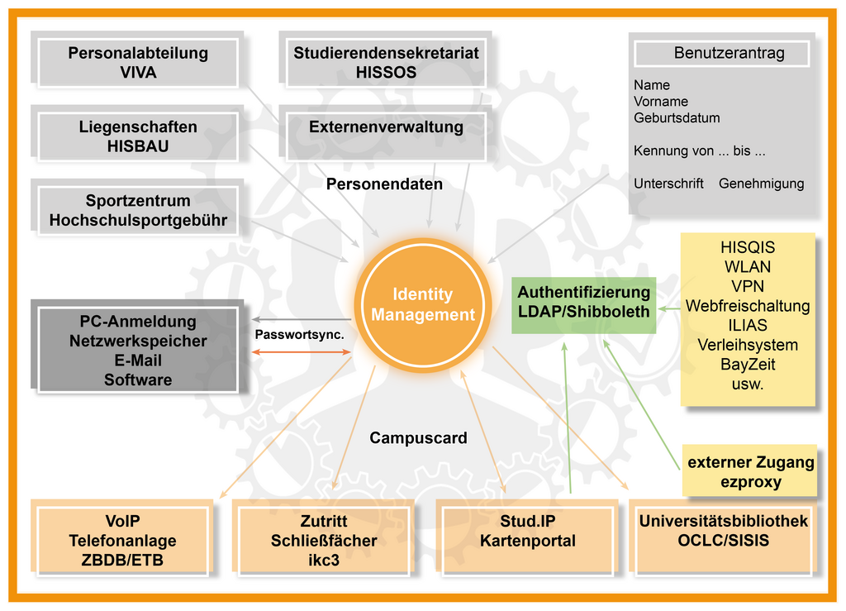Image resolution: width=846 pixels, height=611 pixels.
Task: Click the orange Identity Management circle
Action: pyautogui.click(x=422, y=305)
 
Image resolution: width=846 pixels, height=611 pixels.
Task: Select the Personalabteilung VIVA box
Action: pyautogui.click(x=138, y=63)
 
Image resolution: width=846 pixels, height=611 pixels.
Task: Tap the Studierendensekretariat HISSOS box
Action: pyautogui.click(x=386, y=63)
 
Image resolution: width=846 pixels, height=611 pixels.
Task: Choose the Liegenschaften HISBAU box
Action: pyautogui.click(x=138, y=136)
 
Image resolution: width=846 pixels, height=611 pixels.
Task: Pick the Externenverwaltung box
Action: pyautogui.click(x=386, y=128)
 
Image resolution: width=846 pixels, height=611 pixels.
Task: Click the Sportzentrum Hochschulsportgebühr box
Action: pyautogui.click(x=138, y=210)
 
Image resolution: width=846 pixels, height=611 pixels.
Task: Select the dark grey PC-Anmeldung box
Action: pyautogui.click(x=138, y=350)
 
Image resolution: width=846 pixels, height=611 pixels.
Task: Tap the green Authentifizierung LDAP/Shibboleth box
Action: pyautogui.click(x=583, y=302)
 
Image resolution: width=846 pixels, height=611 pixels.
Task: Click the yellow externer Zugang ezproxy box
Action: pyautogui.click(x=750, y=472)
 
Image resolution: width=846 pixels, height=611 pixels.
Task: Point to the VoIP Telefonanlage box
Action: pyautogui.click(x=122, y=541)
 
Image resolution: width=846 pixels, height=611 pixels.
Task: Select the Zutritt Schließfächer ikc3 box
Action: pyautogui.click(x=324, y=541)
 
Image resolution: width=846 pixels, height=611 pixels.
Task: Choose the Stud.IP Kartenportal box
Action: pyautogui.click(x=527, y=532)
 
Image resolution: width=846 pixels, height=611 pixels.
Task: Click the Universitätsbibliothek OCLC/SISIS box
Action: pyautogui.click(x=723, y=532)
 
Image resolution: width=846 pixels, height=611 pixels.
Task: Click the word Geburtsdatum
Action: pyautogui.click(x=677, y=118)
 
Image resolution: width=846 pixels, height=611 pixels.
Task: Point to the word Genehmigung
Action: pyautogui.click(x=761, y=184)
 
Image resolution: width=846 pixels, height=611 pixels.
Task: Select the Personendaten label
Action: pyautogui.click(x=384, y=184)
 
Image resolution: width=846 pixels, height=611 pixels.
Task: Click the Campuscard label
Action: pyautogui.click(x=418, y=438)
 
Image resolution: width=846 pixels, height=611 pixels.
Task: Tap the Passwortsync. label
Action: pyautogui.click(x=299, y=335)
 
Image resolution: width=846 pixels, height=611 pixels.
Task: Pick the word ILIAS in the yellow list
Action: pyautogui.click(x=747, y=325)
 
